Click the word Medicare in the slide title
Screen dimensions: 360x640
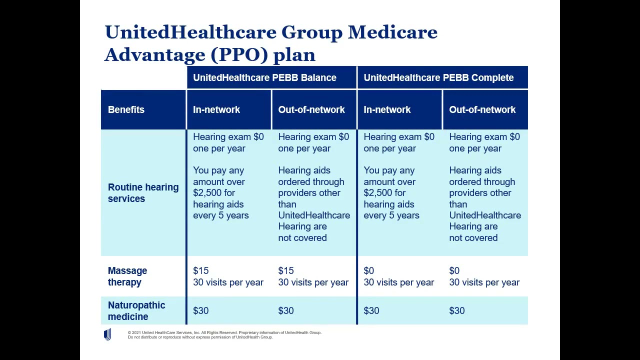click(x=392, y=32)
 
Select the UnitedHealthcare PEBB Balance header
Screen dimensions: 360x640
click(x=264, y=77)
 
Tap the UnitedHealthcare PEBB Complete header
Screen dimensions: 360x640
click(x=438, y=77)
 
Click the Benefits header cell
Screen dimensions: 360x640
click(x=126, y=109)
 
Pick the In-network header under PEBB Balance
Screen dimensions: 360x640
click(x=216, y=109)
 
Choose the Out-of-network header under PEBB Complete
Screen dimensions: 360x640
click(x=482, y=109)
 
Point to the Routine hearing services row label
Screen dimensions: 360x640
click(x=143, y=192)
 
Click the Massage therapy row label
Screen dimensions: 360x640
click(x=127, y=276)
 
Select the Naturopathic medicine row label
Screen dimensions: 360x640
click(x=136, y=310)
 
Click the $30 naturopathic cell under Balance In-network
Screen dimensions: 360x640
click(x=201, y=310)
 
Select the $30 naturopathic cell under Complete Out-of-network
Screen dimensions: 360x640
click(x=457, y=310)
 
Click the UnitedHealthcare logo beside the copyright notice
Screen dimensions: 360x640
click(x=107, y=334)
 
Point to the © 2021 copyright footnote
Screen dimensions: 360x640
click(x=224, y=334)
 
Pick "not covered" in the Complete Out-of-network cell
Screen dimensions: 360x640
click(x=473, y=238)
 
